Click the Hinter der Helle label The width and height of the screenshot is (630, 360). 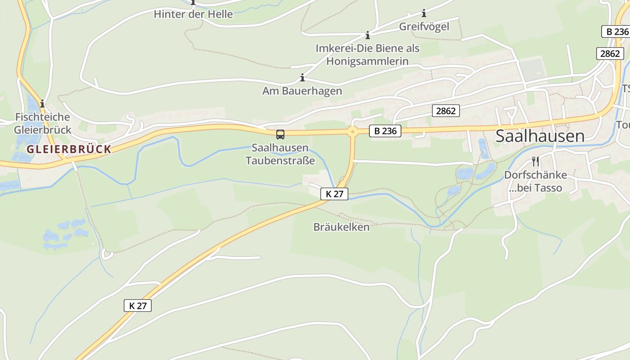click(193, 14)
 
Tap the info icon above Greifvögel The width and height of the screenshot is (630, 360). click(423, 13)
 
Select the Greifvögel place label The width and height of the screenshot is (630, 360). click(424, 27)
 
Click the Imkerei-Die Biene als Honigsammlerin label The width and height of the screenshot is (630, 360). click(367, 54)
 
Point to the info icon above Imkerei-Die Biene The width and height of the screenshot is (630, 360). click(368, 35)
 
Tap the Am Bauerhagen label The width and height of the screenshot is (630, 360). click(302, 91)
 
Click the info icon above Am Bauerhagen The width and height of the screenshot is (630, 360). click(302, 78)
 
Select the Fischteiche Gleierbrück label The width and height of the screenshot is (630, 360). click(43, 123)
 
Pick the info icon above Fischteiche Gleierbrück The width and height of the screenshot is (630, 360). click(42, 104)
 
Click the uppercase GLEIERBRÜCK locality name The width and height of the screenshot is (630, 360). click(68, 149)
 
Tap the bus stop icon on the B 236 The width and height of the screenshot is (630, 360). click(280, 134)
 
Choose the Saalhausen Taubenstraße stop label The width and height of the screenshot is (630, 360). click(280, 154)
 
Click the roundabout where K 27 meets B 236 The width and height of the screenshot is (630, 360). click(352, 132)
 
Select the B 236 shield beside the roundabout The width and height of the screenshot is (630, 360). click(385, 131)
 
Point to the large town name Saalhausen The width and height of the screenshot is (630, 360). click(540, 136)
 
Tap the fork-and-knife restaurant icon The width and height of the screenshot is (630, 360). click(535, 161)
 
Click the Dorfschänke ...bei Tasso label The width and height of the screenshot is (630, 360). click(535, 181)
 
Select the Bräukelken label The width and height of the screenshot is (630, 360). click(341, 227)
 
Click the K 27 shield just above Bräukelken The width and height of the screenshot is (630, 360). click(334, 194)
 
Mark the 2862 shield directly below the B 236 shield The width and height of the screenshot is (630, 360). click(610, 54)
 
